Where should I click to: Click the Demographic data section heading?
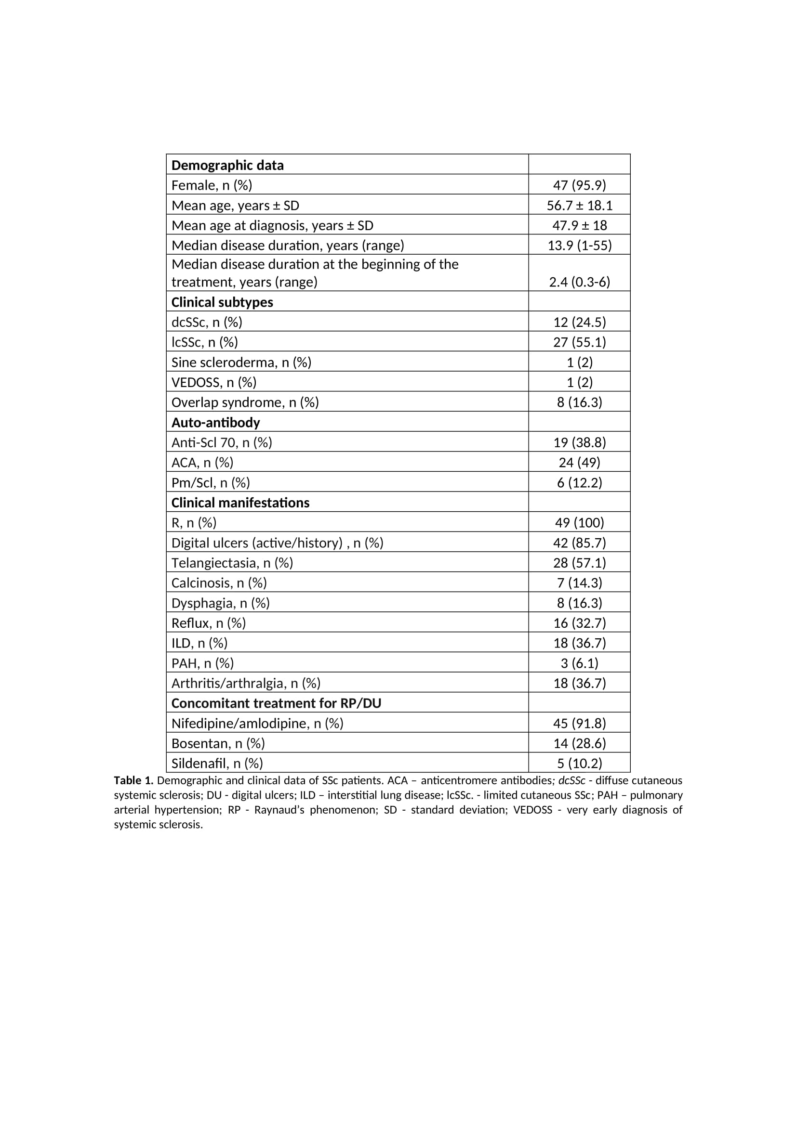(227, 165)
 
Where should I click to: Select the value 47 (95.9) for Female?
(579, 185)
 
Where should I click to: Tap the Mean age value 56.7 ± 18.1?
(579, 206)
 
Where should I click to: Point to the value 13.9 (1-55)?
(579, 245)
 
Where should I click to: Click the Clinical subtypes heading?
(222, 302)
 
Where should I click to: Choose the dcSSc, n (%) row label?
(207, 322)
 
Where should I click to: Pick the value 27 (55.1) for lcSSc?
(579, 342)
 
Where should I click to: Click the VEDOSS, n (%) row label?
(213, 383)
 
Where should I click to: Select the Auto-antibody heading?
(215, 423)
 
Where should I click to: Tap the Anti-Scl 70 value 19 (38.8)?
(579, 443)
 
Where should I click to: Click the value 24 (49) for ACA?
(579, 463)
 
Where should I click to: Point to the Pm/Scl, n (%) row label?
(211, 483)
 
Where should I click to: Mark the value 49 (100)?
(579, 523)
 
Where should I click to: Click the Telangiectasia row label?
(232, 563)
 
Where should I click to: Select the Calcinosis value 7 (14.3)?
(579, 583)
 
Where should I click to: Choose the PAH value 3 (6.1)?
(579, 663)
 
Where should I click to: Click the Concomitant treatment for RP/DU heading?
(276, 703)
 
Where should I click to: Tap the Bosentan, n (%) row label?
(218, 743)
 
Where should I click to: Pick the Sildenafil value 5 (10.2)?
(579, 764)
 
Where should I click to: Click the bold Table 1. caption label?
(133, 780)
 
